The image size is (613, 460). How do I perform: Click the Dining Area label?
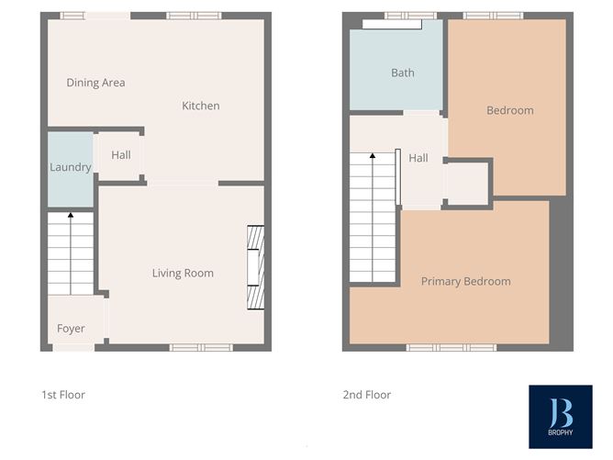click(x=95, y=83)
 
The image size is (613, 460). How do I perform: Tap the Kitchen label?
click(x=200, y=106)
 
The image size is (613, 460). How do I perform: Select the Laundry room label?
click(x=71, y=167)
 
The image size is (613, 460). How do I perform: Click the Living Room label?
click(x=183, y=273)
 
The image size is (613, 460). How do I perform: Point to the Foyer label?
click(x=71, y=329)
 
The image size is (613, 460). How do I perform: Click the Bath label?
click(x=402, y=73)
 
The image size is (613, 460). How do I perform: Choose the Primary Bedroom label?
click(x=465, y=281)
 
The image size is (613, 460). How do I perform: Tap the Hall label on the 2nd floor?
click(x=418, y=158)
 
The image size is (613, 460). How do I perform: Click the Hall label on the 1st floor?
click(x=120, y=155)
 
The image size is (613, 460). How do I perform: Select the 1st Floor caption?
click(x=63, y=395)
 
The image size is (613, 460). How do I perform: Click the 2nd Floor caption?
click(x=367, y=395)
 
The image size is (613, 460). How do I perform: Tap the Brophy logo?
click(x=560, y=416)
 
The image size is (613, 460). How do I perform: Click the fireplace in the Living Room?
click(x=255, y=269)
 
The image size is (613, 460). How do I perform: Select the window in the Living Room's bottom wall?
click(x=201, y=347)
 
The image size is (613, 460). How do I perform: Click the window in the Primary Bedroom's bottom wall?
click(x=451, y=347)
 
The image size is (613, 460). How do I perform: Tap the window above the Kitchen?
click(x=194, y=16)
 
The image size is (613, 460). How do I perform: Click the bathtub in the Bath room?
click(x=385, y=24)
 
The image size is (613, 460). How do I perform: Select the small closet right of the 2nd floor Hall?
click(x=467, y=184)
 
